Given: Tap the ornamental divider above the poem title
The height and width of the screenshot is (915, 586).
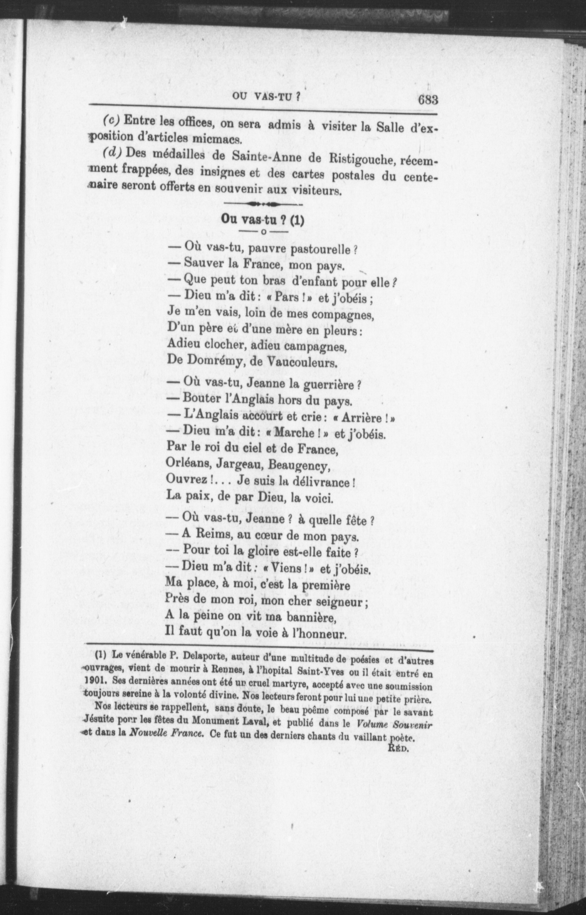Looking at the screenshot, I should point(263,204).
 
